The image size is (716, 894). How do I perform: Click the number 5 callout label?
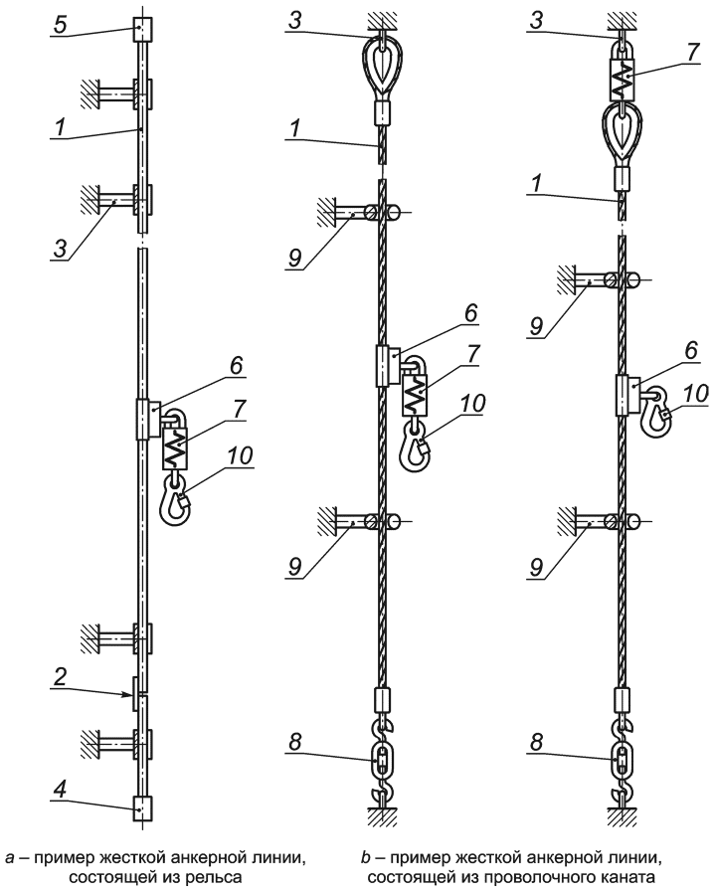point(61,25)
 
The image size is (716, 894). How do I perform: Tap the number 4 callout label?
point(61,790)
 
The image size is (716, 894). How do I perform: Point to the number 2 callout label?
point(60,677)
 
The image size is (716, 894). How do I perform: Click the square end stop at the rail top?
point(142,30)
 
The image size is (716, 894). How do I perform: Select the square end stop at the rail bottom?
point(142,808)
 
